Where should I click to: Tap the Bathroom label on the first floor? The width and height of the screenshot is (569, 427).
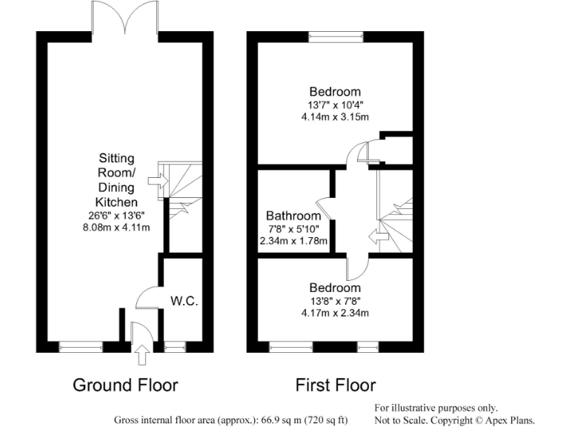click(294, 216)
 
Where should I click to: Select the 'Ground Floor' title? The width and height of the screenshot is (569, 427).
click(125, 385)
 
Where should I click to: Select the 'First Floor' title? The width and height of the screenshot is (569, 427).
click(336, 385)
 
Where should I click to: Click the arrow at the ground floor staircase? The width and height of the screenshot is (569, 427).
click(156, 180)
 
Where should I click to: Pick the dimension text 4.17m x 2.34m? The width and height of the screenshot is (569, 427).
click(335, 313)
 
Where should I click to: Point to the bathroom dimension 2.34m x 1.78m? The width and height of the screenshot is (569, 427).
click(294, 241)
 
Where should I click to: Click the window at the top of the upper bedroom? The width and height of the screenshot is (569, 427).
click(336, 35)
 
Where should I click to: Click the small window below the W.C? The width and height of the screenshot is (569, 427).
click(176, 345)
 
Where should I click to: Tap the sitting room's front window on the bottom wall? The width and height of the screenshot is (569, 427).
click(81, 345)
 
